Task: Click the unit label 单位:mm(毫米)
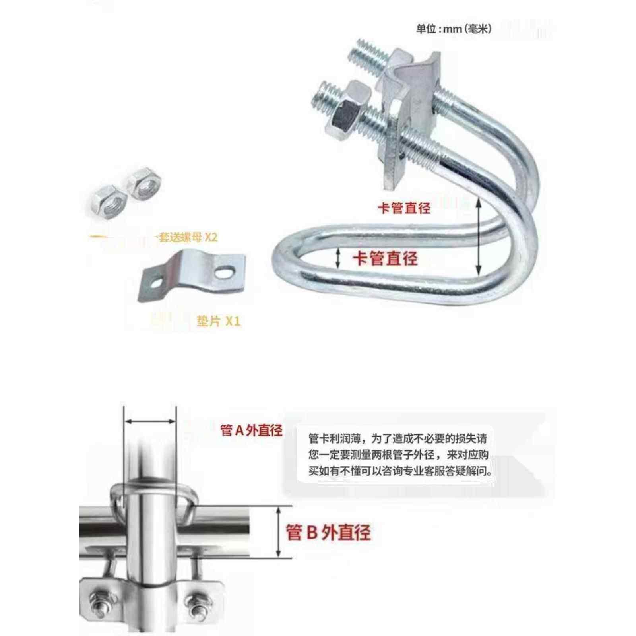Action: pos(454,29)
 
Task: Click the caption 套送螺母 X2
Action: pos(188,237)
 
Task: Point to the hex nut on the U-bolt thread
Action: pos(345,115)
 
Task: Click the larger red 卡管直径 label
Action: pos(385,258)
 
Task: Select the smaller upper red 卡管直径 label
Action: pos(404,208)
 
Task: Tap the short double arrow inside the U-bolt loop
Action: pos(338,258)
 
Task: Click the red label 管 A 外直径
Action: pos(251,430)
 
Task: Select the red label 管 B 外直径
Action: pos(328,532)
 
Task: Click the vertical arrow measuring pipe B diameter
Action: pos(278,532)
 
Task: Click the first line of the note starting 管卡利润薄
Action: pos(397,439)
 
